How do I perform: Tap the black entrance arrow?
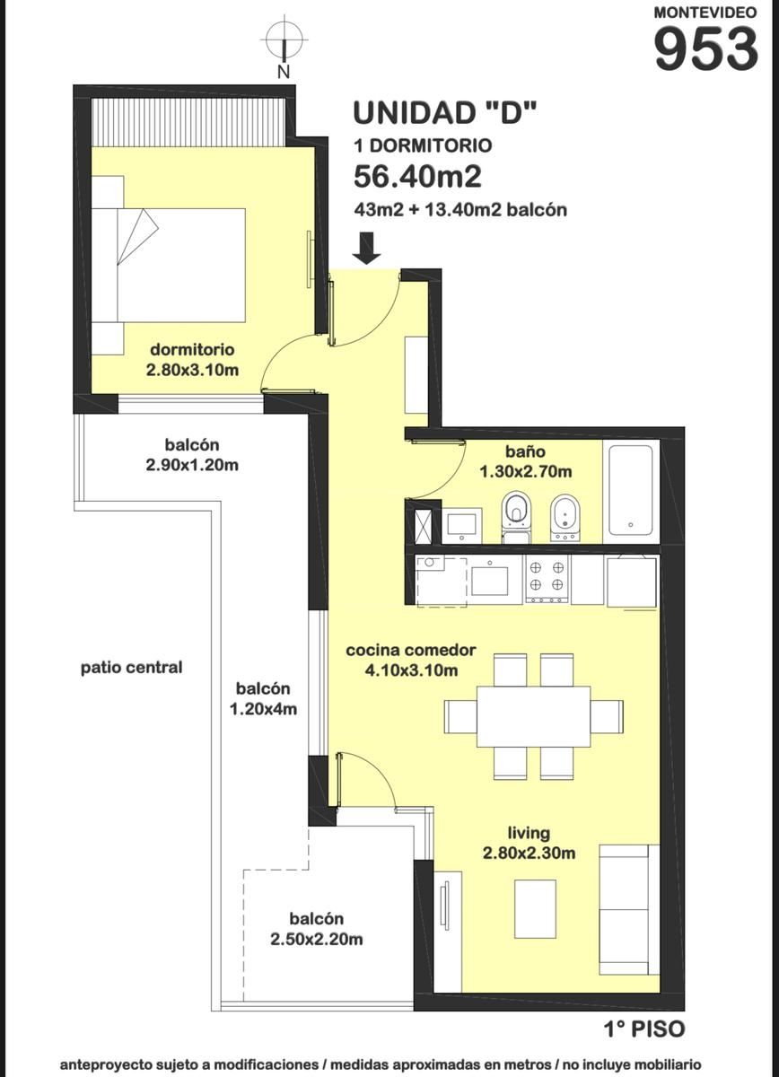click(x=367, y=248)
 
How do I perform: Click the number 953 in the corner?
click(x=705, y=48)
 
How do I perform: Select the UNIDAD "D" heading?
click(x=445, y=113)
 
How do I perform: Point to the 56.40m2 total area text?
click(x=417, y=177)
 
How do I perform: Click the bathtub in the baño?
click(x=630, y=489)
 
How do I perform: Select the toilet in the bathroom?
click(x=516, y=515)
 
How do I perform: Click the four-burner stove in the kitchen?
click(x=547, y=580)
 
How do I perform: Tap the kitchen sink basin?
click(x=489, y=581)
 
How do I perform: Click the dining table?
click(x=534, y=716)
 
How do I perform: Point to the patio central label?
click(x=131, y=668)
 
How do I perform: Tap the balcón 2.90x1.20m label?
click(x=192, y=455)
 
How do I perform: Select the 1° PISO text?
click(x=644, y=1029)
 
